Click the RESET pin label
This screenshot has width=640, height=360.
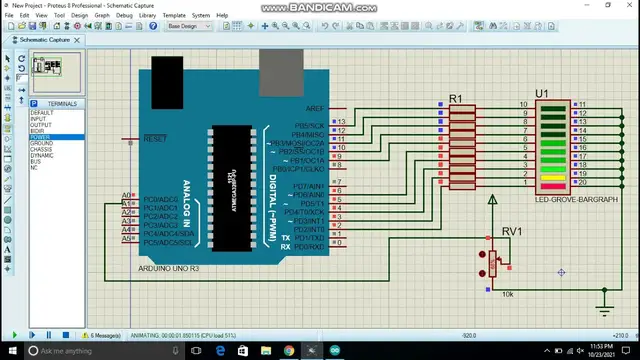click(155, 139)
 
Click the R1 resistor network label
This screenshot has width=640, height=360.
click(456, 98)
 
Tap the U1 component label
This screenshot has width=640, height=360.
click(542, 94)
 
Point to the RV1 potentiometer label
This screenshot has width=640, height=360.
click(511, 231)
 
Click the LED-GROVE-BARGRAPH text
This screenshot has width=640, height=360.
click(576, 199)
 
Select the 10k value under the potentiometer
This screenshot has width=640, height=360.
click(507, 294)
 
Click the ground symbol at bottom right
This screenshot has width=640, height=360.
click(603, 295)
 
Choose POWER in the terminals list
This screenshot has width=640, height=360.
click(41, 138)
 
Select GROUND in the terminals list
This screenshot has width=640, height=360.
click(42, 144)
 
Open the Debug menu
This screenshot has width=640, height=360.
click(124, 15)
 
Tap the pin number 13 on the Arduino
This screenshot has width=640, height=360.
click(341, 122)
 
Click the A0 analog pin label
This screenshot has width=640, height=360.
click(127, 196)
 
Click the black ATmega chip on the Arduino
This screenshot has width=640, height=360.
click(232, 175)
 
